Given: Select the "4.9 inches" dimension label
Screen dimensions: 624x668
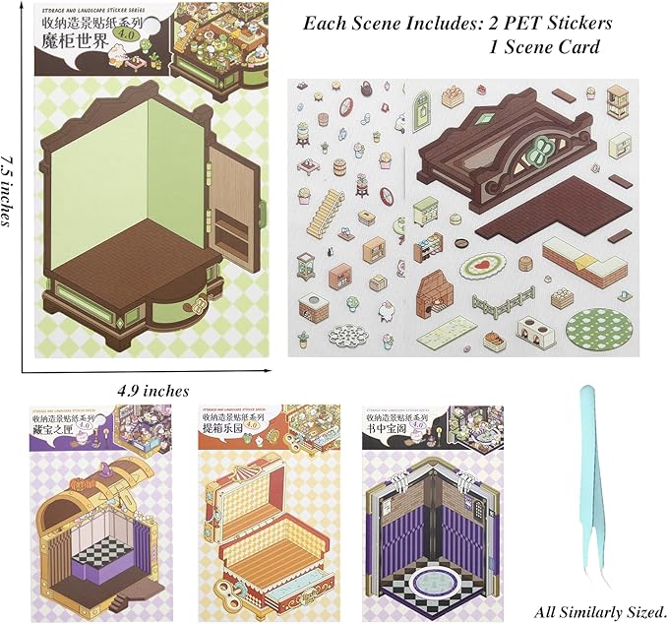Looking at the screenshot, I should click(152, 391).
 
